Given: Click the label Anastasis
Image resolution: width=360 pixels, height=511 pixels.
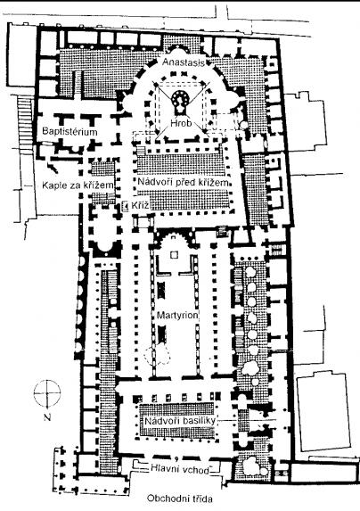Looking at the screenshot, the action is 184,62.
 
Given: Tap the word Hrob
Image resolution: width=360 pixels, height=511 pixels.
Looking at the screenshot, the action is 181,123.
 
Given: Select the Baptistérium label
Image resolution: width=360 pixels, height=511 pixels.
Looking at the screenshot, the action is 70,132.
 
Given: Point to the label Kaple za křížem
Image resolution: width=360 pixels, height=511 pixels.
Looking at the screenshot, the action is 78,185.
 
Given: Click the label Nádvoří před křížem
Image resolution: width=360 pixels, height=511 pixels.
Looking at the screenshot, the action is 183,182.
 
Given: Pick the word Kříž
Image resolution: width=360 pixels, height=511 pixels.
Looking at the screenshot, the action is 141,206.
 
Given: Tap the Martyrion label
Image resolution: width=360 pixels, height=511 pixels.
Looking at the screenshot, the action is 177,315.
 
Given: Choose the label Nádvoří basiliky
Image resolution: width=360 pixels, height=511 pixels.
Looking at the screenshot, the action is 180,421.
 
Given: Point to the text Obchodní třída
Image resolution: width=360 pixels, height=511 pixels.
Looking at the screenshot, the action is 180,499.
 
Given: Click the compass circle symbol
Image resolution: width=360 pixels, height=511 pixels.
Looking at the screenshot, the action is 47,393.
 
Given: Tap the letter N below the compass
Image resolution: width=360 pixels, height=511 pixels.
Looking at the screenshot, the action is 47,417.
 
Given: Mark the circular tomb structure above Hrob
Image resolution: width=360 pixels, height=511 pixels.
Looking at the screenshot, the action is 181,99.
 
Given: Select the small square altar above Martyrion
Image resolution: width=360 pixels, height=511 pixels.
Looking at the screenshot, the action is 174,254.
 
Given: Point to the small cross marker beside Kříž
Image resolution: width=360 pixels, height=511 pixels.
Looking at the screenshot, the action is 125,206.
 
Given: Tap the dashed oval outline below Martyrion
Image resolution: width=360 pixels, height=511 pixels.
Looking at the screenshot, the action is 158,355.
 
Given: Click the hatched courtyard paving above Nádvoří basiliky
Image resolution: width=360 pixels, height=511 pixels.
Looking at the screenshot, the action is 177,409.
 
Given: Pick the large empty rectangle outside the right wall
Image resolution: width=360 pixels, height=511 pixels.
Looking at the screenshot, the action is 324,412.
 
